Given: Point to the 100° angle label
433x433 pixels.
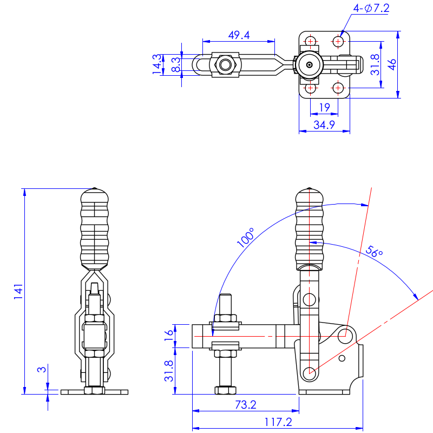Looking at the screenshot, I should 246,238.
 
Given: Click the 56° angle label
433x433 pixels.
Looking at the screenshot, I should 374,252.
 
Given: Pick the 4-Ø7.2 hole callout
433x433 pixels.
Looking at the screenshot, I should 371,8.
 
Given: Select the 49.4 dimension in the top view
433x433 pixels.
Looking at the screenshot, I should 239,35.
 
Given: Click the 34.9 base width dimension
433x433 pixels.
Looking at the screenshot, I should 324,124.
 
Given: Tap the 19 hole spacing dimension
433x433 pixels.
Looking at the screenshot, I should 324,108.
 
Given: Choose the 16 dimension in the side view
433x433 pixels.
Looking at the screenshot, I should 168,336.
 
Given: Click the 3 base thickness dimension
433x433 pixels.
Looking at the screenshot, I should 41,370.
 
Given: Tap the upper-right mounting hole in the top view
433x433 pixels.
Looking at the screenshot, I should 338,41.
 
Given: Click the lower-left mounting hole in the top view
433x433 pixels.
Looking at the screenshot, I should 310,88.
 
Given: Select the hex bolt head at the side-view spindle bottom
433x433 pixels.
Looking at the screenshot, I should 226,390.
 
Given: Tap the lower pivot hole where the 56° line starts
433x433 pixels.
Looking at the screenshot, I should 310,372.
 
